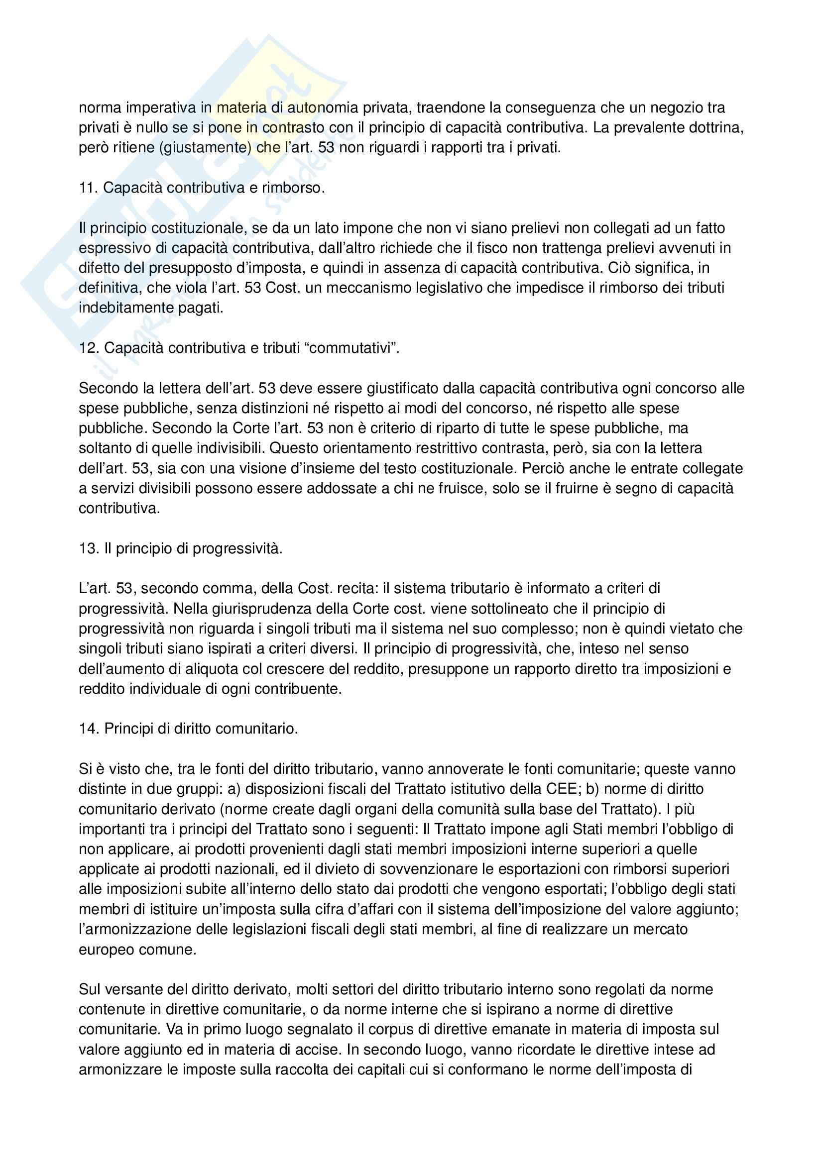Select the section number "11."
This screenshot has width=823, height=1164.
click(88, 188)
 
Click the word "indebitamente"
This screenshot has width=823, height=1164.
click(126, 308)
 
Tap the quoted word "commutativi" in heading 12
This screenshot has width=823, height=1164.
click(350, 348)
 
